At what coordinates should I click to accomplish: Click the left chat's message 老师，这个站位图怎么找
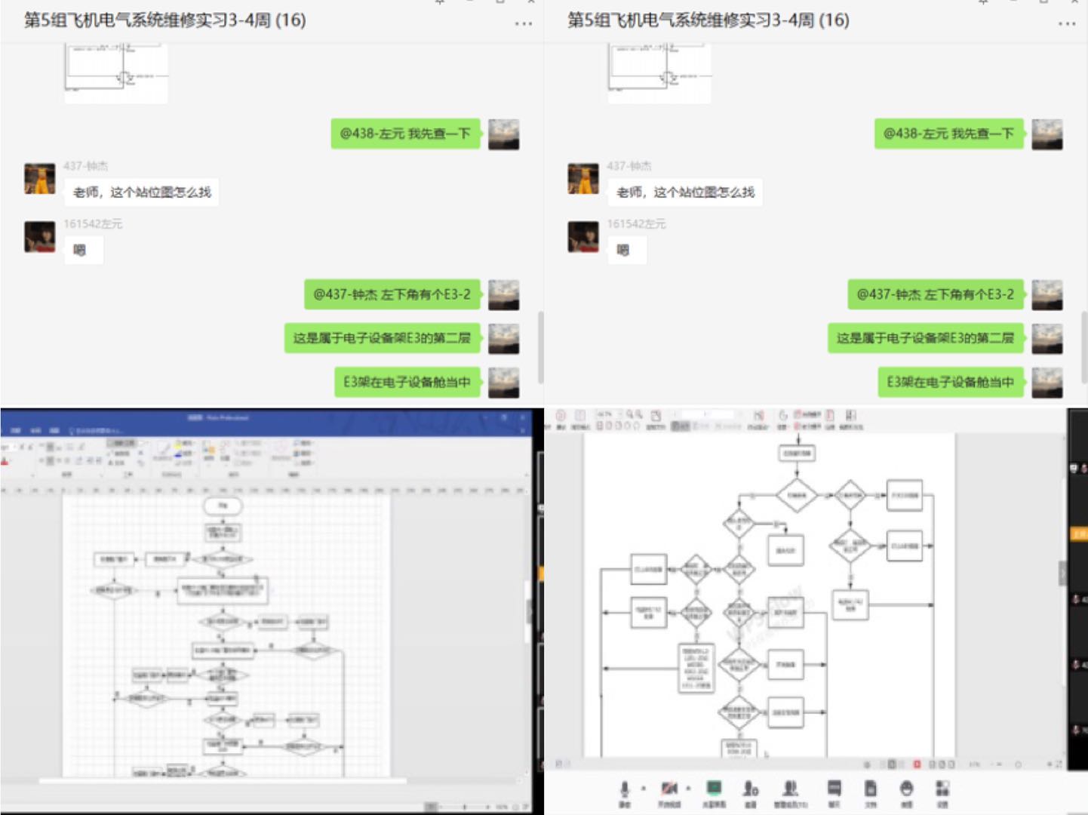pos(142,192)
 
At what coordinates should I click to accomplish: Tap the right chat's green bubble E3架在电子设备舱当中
pos(950,382)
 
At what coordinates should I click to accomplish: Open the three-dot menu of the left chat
pos(523,23)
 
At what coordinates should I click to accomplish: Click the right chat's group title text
pos(708,20)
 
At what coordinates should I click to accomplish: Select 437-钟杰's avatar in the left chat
pos(40,179)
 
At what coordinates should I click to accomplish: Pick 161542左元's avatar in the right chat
pos(583,237)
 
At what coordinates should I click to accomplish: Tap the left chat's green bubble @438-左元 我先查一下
pos(405,134)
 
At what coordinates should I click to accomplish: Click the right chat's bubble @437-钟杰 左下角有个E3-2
pos(935,294)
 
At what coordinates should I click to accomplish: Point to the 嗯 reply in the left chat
pos(79,251)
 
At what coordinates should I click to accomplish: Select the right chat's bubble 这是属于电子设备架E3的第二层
pos(925,338)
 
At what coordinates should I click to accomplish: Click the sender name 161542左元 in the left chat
pos(93,224)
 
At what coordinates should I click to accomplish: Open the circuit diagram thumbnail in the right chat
pos(659,73)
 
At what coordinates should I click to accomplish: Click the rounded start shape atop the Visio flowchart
pos(223,506)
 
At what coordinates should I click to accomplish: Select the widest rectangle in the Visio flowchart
pos(223,590)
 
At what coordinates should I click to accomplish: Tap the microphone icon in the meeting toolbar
pos(624,789)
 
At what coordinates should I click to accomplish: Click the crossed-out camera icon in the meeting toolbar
pos(668,789)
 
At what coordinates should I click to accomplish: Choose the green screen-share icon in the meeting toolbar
pos(714,788)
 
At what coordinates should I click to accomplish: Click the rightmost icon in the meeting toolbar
pos(942,789)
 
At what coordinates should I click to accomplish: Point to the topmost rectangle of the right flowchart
pos(797,454)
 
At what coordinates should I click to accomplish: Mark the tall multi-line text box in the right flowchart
pos(696,668)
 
